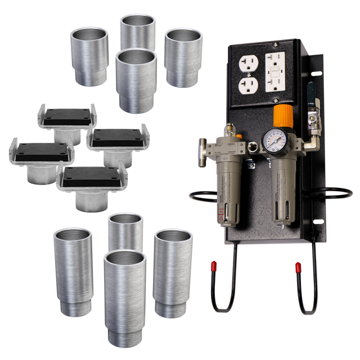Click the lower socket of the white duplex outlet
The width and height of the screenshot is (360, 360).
tap(248, 85)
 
